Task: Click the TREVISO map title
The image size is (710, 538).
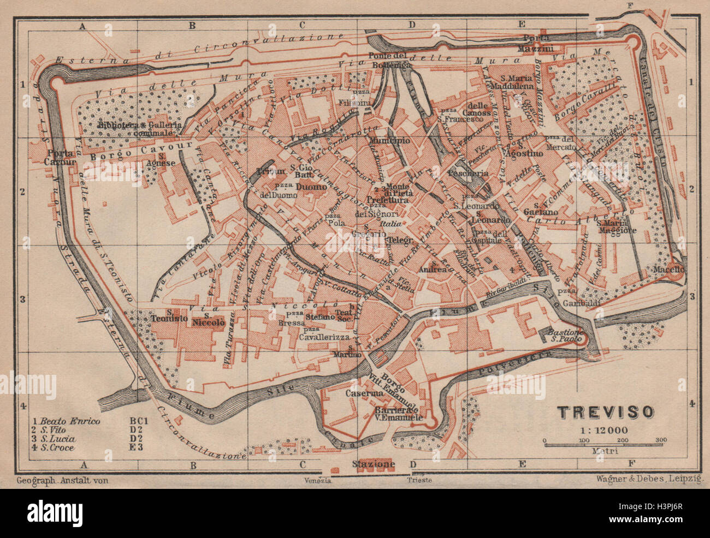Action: [605, 411]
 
